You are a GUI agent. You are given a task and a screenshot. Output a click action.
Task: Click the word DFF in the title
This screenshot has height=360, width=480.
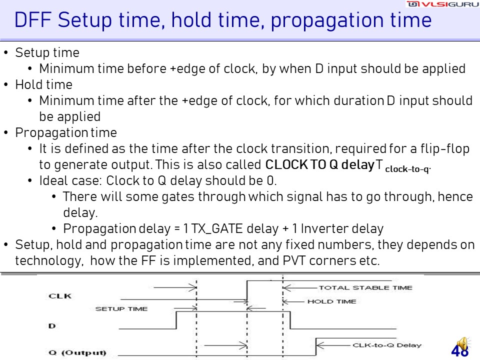pyautogui.click(x=33, y=20)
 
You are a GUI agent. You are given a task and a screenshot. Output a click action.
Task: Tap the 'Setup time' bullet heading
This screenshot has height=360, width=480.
pyautogui.click(x=47, y=53)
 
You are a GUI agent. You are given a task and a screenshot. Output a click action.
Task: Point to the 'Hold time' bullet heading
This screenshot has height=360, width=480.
pyautogui.click(x=44, y=84)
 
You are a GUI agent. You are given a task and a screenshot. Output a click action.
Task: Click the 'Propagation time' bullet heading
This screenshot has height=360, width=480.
pyautogui.click(x=66, y=133)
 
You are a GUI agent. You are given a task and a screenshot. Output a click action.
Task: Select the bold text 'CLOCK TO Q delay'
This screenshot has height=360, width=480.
pyautogui.click(x=320, y=164)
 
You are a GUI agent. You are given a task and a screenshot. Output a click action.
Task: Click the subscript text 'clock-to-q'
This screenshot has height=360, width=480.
pyautogui.click(x=408, y=169)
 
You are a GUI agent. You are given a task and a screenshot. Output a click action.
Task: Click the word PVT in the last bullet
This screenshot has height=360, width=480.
pyautogui.click(x=294, y=261)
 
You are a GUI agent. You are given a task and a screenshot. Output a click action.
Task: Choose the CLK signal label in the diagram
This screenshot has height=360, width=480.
pyautogui.click(x=60, y=296)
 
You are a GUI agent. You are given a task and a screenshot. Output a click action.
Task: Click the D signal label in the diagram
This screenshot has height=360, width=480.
pyautogui.click(x=52, y=326)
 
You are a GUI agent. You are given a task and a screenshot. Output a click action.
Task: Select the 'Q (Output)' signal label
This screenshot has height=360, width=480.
pyautogui.click(x=77, y=352)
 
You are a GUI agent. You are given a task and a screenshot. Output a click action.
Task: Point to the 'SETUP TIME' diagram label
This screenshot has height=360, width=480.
pyautogui.click(x=121, y=308)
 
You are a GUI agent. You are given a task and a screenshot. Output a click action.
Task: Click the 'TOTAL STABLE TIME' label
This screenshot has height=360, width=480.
pyautogui.click(x=365, y=288)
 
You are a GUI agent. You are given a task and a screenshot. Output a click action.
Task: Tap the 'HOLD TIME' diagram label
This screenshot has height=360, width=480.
pyautogui.click(x=332, y=301)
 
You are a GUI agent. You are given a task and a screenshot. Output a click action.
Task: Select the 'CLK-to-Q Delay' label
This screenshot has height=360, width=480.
pyautogui.click(x=387, y=345)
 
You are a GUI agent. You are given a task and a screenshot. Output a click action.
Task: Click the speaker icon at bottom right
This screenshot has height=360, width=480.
pyautogui.click(x=462, y=344)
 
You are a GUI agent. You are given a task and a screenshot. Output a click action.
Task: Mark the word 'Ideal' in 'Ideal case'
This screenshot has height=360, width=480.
pyautogui.click(x=52, y=180)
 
